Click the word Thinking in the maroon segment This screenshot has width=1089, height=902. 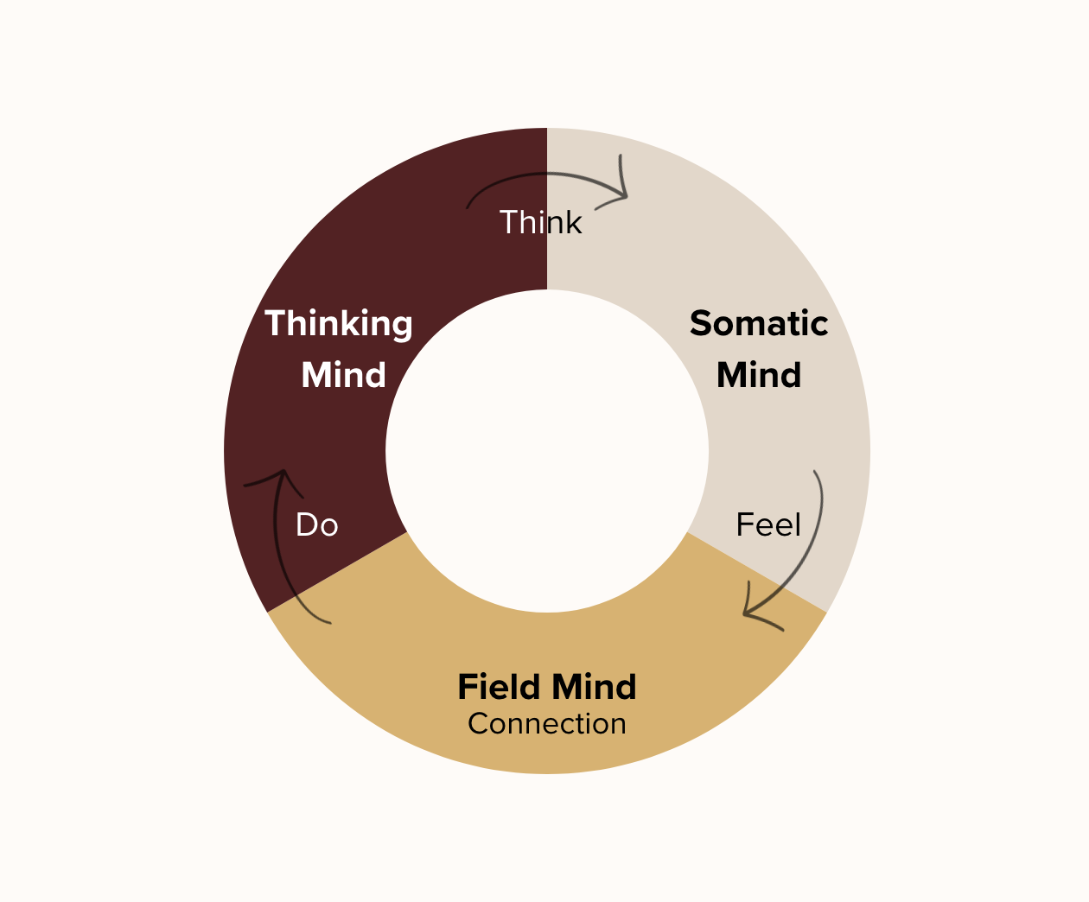[x=339, y=325]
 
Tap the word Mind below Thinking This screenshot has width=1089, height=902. [x=343, y=375]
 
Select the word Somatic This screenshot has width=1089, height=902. [x=759, y=324]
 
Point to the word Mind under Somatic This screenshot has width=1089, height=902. [x=759, y=375]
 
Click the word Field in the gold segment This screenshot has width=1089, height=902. [x=500, y=688]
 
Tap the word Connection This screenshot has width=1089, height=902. [x=547, y=724]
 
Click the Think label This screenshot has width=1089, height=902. [x=541, y=223]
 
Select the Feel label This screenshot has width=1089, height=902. [x=768, y=525]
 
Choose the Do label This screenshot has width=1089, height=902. [x=316, y=525]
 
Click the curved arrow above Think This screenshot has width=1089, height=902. [x=536, y=176]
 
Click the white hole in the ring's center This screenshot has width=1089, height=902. [x=547, y=451]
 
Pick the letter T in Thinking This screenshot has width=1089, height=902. [x=276, y=324]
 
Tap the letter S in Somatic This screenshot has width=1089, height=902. [x=701, y=324]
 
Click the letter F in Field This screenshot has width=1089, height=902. [x=467, y=688]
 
